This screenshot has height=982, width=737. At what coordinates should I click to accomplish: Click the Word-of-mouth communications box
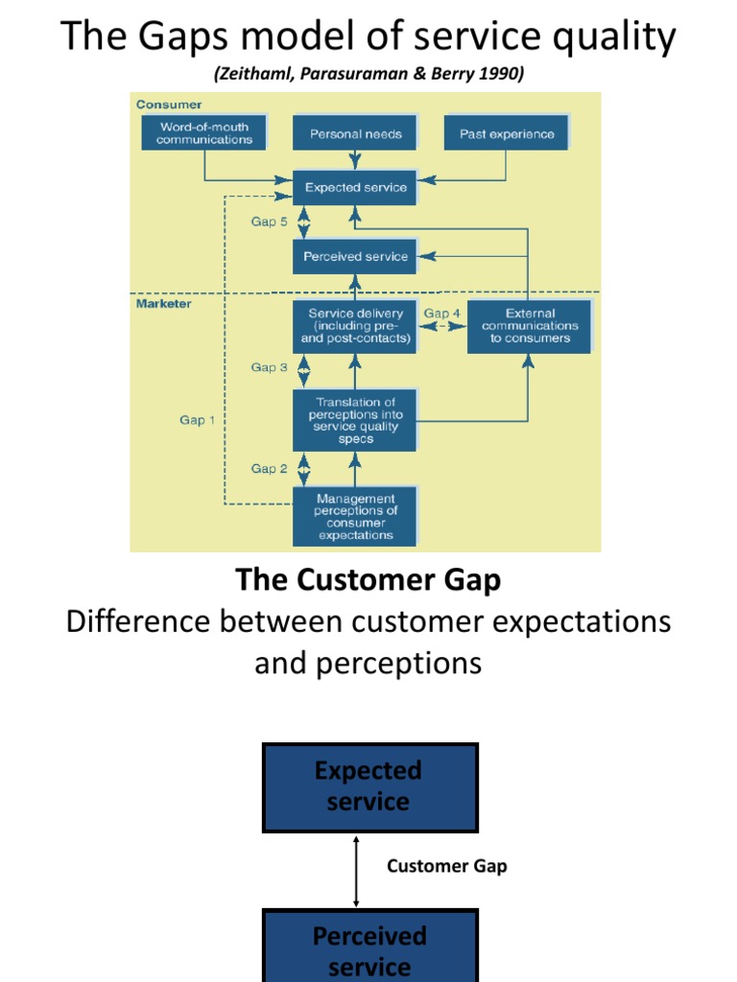(204, 132)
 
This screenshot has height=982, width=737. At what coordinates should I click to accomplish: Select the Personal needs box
(355, 134)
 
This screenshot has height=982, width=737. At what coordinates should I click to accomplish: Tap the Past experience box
(506, 134)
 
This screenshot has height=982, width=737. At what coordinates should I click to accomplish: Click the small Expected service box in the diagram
(355, 188)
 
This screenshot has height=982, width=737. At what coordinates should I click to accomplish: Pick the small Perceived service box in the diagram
(355, 256)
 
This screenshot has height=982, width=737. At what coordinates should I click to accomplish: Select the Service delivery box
(355, 326)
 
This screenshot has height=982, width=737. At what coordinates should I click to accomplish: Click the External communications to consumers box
(530, 326)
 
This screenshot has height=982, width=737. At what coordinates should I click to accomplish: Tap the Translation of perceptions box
(355, 420)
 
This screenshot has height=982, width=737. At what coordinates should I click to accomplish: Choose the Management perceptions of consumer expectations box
(355, 517)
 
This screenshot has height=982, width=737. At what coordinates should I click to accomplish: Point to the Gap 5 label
(270, 222)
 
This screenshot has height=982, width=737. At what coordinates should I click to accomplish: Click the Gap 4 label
(442, 314)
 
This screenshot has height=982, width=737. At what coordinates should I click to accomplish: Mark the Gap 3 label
(270, 367)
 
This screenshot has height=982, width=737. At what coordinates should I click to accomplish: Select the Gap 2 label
(270, 469)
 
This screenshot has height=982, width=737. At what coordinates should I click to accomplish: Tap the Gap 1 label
(198, 420)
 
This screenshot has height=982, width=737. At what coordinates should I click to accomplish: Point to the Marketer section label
(163, 304)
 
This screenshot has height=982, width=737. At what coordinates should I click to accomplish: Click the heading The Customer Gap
(368, 580)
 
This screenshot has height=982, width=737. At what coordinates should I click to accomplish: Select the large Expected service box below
(369, 787)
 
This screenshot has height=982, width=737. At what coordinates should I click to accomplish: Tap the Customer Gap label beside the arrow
(446, 867)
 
